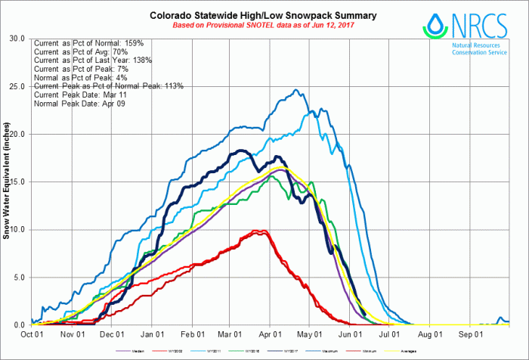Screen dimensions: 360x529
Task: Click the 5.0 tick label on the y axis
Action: pos(17,277)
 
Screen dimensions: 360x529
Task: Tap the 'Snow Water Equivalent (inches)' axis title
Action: pos(7,182)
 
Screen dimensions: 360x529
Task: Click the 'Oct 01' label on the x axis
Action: pos(30,334)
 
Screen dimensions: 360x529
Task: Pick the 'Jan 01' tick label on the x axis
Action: pos(153,334)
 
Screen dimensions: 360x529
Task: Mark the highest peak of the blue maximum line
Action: pos(298,90)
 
